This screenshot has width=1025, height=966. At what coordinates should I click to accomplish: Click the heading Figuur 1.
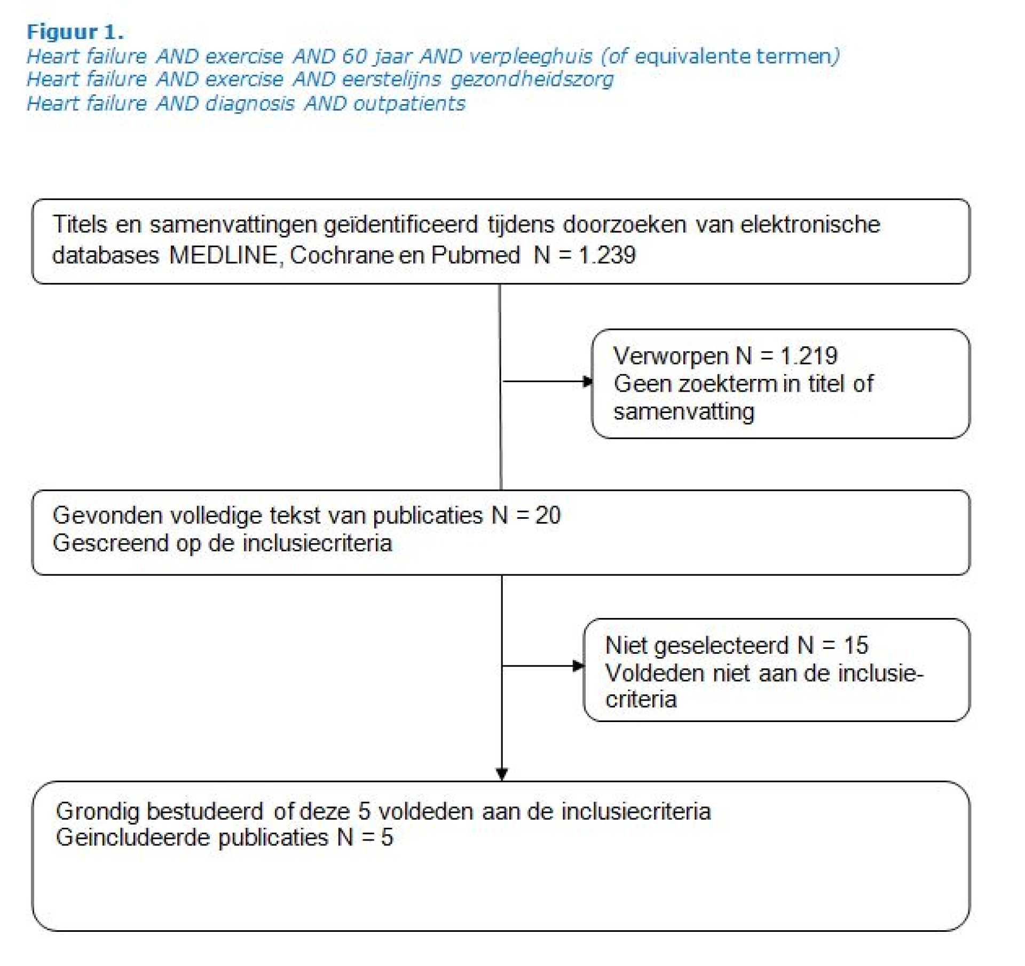75,33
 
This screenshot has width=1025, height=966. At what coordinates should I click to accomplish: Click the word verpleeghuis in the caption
531,57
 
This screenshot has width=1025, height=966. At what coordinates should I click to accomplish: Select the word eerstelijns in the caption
391,80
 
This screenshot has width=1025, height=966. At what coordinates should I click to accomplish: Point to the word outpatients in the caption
409,104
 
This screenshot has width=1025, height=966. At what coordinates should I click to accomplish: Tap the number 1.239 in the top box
608,255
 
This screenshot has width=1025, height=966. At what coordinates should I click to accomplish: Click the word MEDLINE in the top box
223,255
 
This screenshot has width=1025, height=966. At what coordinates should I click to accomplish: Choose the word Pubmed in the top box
475,255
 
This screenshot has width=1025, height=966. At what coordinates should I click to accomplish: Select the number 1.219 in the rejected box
809,356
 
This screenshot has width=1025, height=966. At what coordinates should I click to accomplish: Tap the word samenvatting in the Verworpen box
684,412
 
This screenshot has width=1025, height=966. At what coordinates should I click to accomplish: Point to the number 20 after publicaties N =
548,516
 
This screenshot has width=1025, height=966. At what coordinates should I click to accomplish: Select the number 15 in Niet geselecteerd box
856,646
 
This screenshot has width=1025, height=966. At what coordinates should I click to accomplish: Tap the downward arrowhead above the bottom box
502,774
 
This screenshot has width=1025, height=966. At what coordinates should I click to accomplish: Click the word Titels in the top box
80,225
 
